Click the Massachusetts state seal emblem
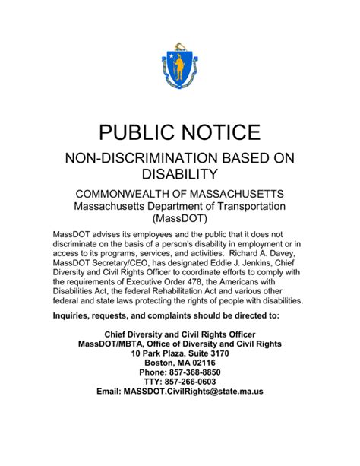coord(179,67)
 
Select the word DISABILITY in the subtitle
coord(180,174)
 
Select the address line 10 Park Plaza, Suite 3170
coord(180,353)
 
